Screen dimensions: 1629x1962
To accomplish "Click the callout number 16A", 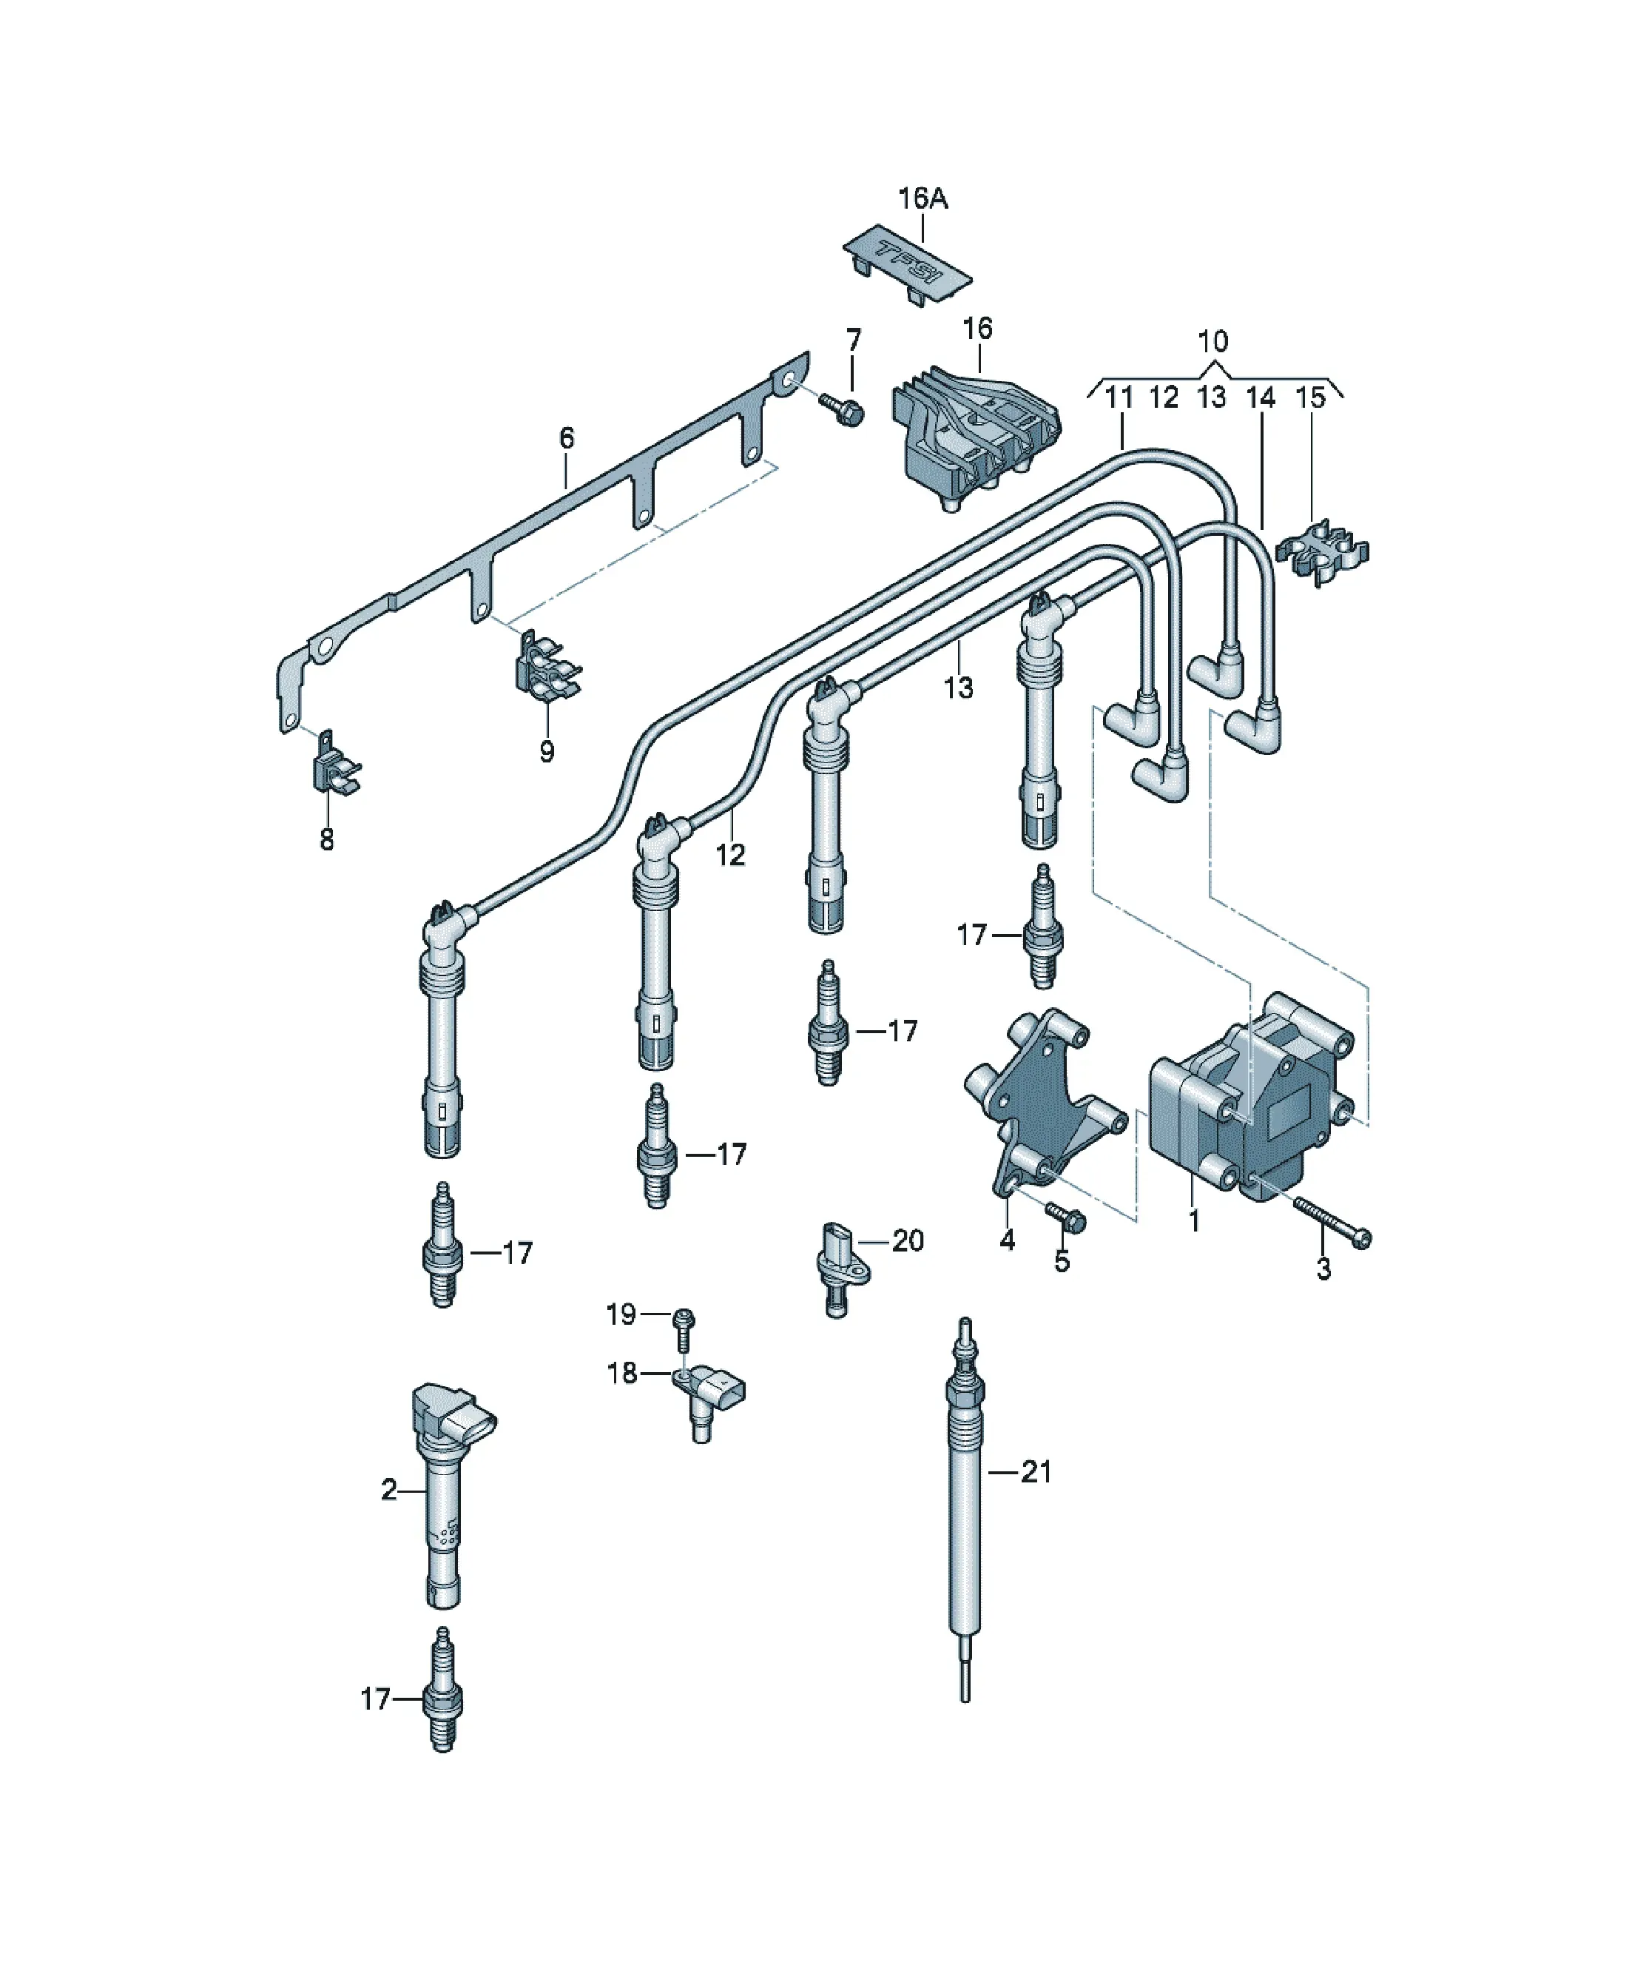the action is tap(923, 199).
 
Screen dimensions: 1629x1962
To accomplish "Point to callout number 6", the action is tap(566, 437).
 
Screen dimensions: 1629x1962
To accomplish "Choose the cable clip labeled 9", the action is tap(547, 665).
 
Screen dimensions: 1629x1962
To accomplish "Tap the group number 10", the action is tap(1213, 341).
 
